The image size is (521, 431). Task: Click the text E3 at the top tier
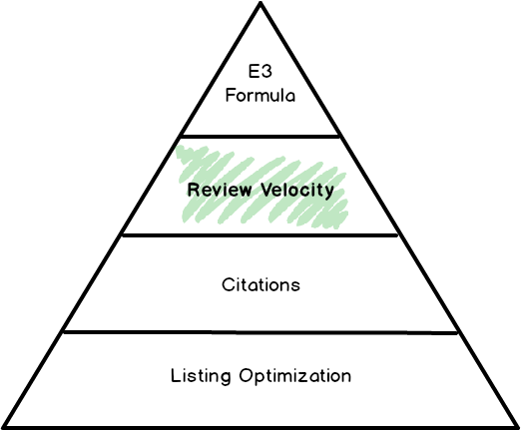coord(260,71)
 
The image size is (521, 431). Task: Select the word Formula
coord(260,96)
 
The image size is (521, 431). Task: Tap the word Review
coord(220,190)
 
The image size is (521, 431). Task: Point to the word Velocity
coord(297,191)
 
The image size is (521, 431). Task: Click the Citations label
coord(261,285)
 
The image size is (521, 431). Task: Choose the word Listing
coord(201,376)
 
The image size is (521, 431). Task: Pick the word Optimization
coord(294,376)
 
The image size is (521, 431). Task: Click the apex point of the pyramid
coord(260,3)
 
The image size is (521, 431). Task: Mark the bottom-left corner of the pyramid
coord(4,427)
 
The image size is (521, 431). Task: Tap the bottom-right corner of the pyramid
coord(516,427)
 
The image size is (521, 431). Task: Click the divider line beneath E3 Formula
coord(260,136)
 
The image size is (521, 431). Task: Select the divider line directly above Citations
coord(260,235)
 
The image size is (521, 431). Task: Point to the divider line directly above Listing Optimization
coord(260,332)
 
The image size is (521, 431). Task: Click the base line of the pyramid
coord(260,427)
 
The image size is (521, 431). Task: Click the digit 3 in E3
coord(266,71)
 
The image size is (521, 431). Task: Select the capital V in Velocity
coord(266,190)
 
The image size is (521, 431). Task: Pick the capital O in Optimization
coord(246,376)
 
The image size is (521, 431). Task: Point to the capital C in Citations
coord(228,285)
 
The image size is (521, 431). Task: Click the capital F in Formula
coord(231,96)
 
